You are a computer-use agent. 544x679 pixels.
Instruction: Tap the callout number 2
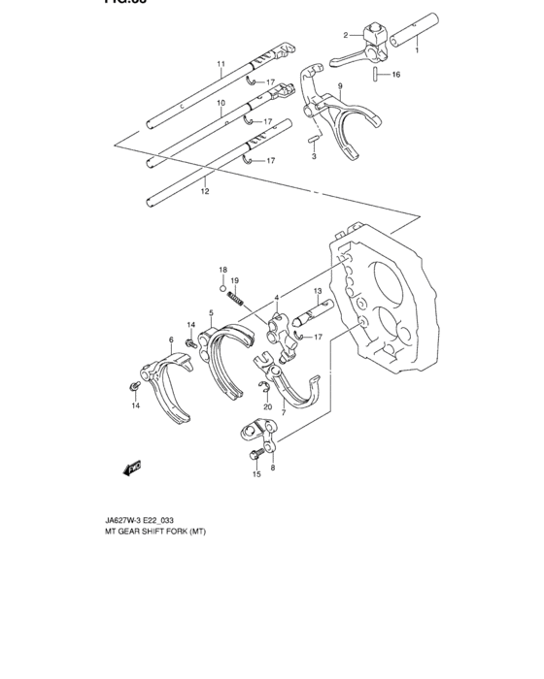(x=345, y=36)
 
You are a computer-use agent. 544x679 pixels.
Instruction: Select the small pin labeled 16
(x=374, y=73)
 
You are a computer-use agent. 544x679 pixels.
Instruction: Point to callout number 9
(x=341, y=86)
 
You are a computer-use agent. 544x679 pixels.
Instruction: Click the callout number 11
(x=221, y=65)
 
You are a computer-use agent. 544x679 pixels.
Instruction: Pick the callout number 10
(x=221, y=103)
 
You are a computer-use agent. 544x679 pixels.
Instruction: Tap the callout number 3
(x=314, y=155)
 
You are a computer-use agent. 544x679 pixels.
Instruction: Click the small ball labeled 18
(x=222, y=286)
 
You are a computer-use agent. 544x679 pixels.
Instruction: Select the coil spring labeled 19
(x=239, y=303)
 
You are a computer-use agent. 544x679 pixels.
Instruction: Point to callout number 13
(x=317, y=291)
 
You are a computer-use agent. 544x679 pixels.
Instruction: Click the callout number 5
(x=211, y=314)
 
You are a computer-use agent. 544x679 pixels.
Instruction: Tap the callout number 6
(x=171, y=340)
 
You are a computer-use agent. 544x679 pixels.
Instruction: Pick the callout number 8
(x=273, y=468)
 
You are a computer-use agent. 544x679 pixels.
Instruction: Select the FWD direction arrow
(x=130, y=469)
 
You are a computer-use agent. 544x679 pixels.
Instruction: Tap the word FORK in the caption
(x=173, y=532)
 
